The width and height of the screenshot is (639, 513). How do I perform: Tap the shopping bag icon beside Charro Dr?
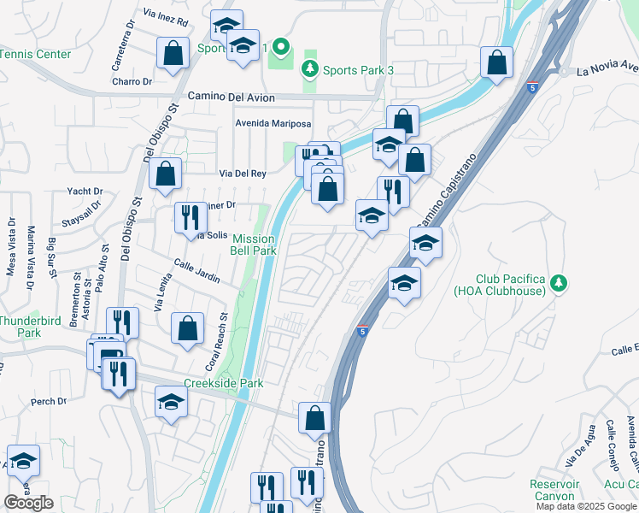point(173,54)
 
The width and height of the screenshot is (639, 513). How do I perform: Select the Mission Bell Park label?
point(254,245)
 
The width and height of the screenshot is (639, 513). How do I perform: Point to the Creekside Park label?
point(224,384)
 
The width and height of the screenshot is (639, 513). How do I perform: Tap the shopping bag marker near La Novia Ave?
point(496,63)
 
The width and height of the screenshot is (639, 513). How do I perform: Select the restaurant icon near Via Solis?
point(191,217)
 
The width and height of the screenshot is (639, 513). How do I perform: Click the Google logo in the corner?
point(28,503)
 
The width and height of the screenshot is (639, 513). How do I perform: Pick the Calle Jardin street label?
point(197,271)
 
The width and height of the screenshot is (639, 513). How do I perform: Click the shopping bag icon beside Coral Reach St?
point(188,328)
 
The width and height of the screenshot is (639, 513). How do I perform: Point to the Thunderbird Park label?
point(21,327)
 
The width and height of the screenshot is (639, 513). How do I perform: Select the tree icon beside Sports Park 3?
point(310,68)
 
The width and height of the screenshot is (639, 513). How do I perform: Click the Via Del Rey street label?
point(243,173)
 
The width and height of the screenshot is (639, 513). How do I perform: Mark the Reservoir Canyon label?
point(554,490)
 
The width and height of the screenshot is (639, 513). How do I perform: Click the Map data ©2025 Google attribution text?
point(587,506)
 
